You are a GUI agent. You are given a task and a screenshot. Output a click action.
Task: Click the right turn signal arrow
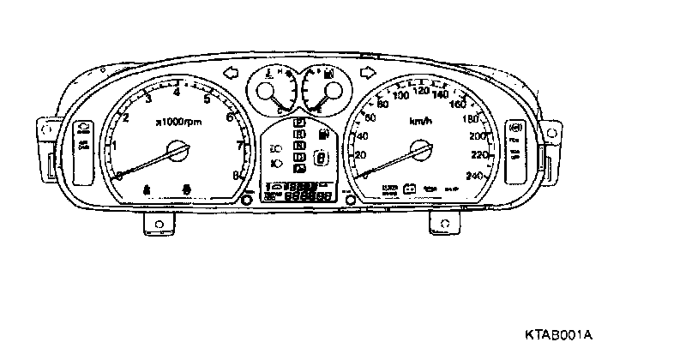(369, 72)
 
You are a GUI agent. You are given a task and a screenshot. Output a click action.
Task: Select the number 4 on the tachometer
(177, 92)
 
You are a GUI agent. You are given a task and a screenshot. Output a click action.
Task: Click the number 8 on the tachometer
(236, 176)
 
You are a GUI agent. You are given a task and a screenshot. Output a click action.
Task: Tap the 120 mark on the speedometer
(422, 90)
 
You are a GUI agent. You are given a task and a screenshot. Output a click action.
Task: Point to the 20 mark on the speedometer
(361, 155)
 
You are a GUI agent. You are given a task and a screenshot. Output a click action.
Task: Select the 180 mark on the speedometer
(470, 118)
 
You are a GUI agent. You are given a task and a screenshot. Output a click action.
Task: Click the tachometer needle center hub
(178, 153)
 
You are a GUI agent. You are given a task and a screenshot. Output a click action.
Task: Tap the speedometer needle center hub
(420, 152)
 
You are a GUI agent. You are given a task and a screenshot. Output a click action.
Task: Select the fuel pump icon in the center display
(323, 134)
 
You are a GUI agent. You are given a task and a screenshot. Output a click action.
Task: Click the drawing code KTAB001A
(560, 333)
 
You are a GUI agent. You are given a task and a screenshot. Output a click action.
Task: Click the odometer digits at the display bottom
(309, 197)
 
